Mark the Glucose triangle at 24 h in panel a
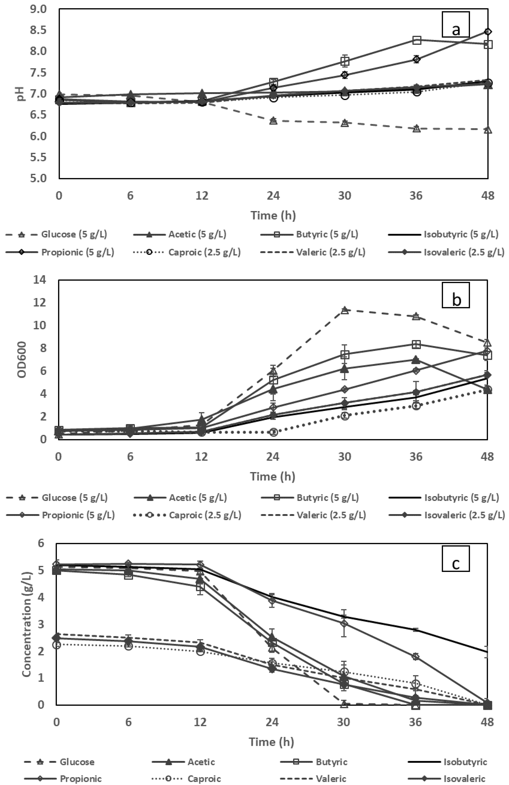tap(273, 121)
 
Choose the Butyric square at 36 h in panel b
tap(416, 345)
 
